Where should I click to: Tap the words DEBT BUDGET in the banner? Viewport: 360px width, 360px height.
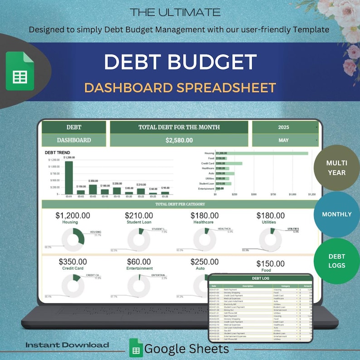coord(180,62)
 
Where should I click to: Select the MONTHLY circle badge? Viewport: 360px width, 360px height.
coord(336,214)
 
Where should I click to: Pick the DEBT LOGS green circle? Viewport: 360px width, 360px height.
coord(336,261)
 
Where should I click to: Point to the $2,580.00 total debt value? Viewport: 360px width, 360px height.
coord(179,141)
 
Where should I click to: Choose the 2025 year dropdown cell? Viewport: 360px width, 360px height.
coord(284,127)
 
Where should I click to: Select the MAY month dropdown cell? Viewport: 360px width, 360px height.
coord(284,141)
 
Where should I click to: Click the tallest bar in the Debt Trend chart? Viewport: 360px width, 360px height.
coord(69,177)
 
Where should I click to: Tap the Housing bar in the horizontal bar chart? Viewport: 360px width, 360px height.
coord(262,153)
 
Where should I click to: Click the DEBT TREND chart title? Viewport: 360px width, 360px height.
coord(58,153)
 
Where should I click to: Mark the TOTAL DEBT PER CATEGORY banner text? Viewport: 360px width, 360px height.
coord(180,204)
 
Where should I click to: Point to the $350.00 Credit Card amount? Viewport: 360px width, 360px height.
coord(73,262)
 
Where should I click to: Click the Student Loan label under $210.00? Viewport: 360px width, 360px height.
coord(140,222)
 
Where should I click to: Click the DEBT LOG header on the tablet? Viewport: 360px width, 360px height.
coord(260,278)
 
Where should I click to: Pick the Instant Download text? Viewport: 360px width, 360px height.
coord(67,345)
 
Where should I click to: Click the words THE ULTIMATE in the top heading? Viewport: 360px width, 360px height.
coord(175,12)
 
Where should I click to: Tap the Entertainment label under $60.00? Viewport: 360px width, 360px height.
coord(140,268)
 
